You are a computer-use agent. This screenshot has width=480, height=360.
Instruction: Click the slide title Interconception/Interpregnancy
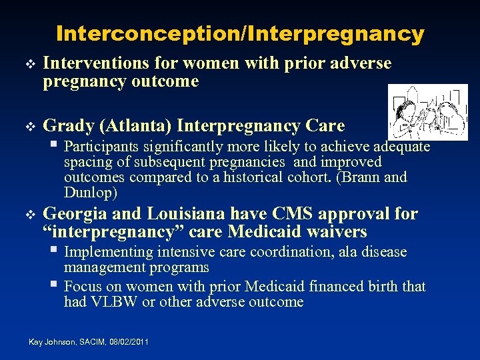240,33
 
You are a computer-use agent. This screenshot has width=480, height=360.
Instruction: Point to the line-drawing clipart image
429,112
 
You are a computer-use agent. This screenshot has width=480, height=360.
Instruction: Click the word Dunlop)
91,193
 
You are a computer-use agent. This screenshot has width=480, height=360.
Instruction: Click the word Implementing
108,252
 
